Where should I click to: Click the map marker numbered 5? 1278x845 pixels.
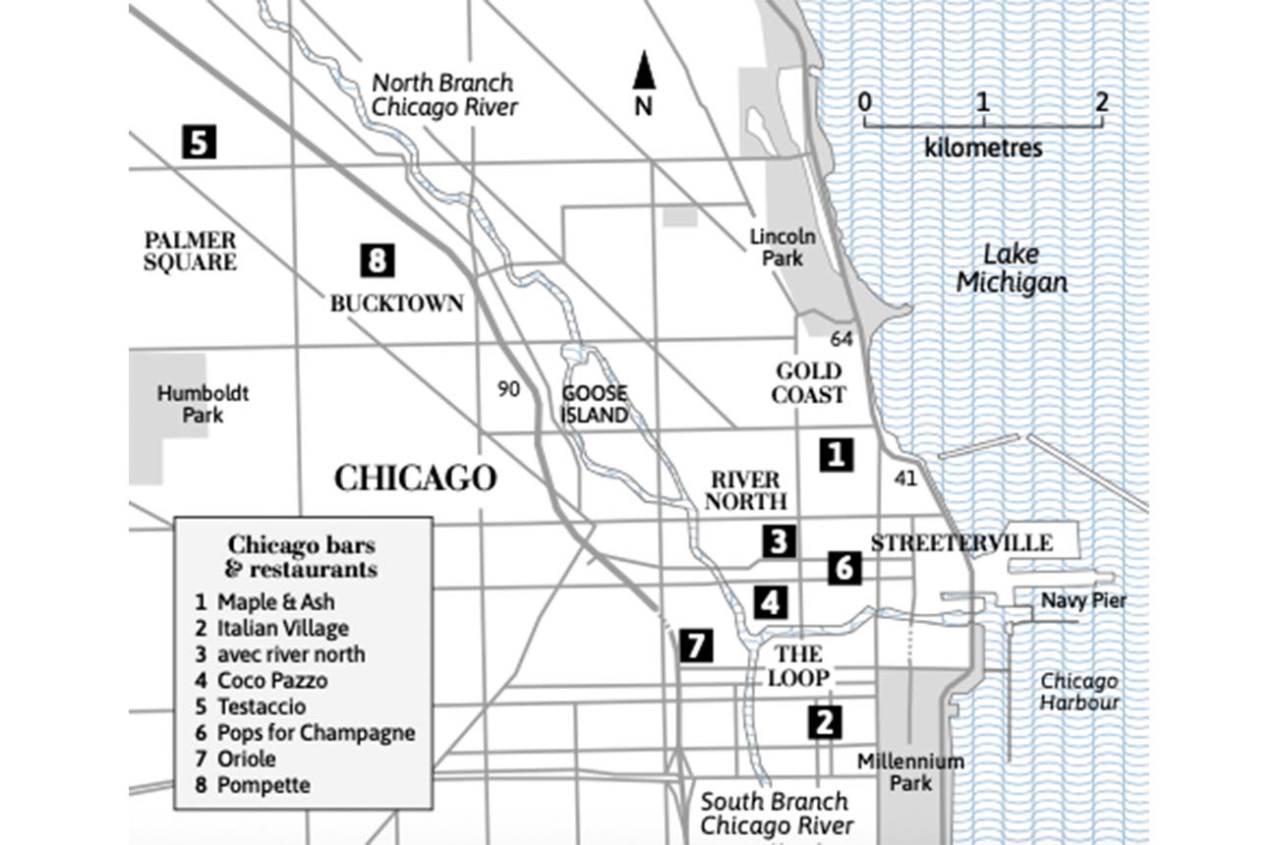point(199,142)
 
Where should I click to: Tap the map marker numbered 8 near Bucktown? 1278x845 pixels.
point(377,260)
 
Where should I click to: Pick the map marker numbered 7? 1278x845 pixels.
point(695,646)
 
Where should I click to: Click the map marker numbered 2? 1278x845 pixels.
point(824,722)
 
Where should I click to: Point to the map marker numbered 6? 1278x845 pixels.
point(844,567)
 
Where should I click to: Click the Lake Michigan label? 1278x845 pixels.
point(1012,268)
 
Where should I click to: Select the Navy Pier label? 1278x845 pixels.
point(1083,600)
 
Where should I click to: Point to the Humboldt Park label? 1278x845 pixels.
point(203,404)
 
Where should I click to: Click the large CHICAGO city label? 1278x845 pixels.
point(415,479)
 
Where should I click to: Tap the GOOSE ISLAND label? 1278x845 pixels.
point(595,404)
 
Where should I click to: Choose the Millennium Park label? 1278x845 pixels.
point(910,772)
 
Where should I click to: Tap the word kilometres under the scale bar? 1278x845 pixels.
point(983,149)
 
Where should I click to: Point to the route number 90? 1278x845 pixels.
point(508,389)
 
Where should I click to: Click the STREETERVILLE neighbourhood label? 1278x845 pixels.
point(961,543)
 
